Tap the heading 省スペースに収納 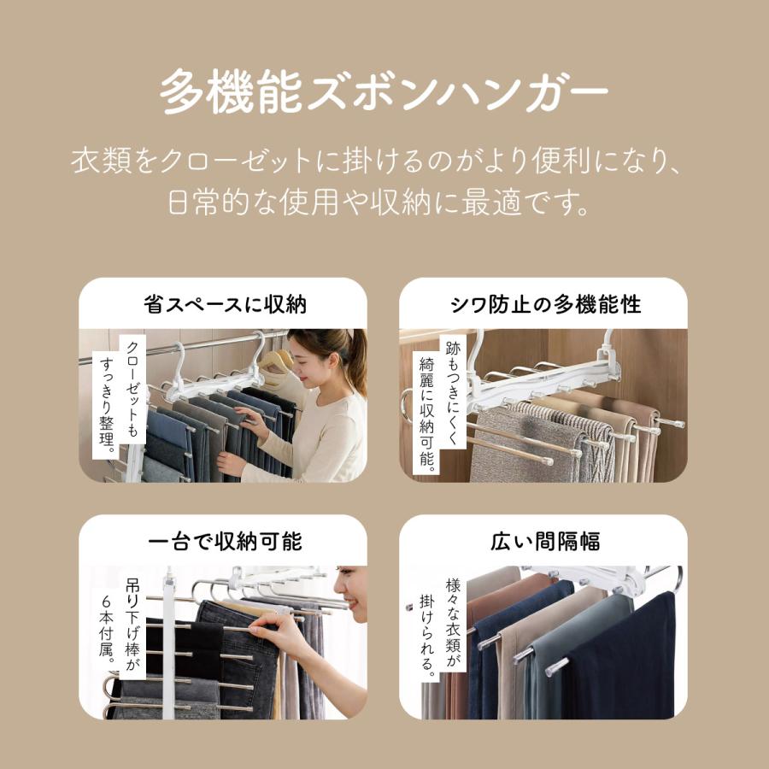coord(225,304)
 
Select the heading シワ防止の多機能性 coord(545,304)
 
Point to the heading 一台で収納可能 coord(225,542)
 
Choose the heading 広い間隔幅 coord(545,542)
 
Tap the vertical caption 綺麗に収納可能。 coord(426,414)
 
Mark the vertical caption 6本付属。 coord(107,629)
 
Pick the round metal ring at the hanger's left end coord(406,406)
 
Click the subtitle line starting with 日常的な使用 coord(379,202)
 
